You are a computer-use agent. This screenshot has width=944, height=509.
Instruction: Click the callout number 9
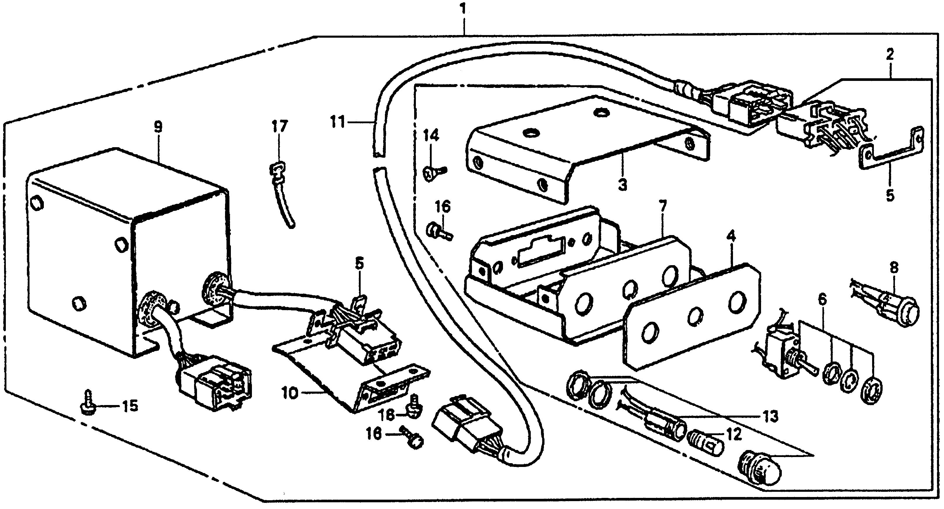[x=158, y=127]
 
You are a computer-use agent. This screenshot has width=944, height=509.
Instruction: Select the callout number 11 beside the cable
[x=338, y=122]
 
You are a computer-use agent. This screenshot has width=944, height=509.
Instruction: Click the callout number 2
[x=889, y=55]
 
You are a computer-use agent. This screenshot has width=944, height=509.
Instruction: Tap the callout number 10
[x=290, y=395]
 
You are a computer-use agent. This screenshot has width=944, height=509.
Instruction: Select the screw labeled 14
[x=433, y=172]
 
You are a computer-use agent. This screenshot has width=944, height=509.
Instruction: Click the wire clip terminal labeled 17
[x=281, y=190]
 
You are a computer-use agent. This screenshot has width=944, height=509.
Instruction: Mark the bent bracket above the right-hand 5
[x=891, y=150]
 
